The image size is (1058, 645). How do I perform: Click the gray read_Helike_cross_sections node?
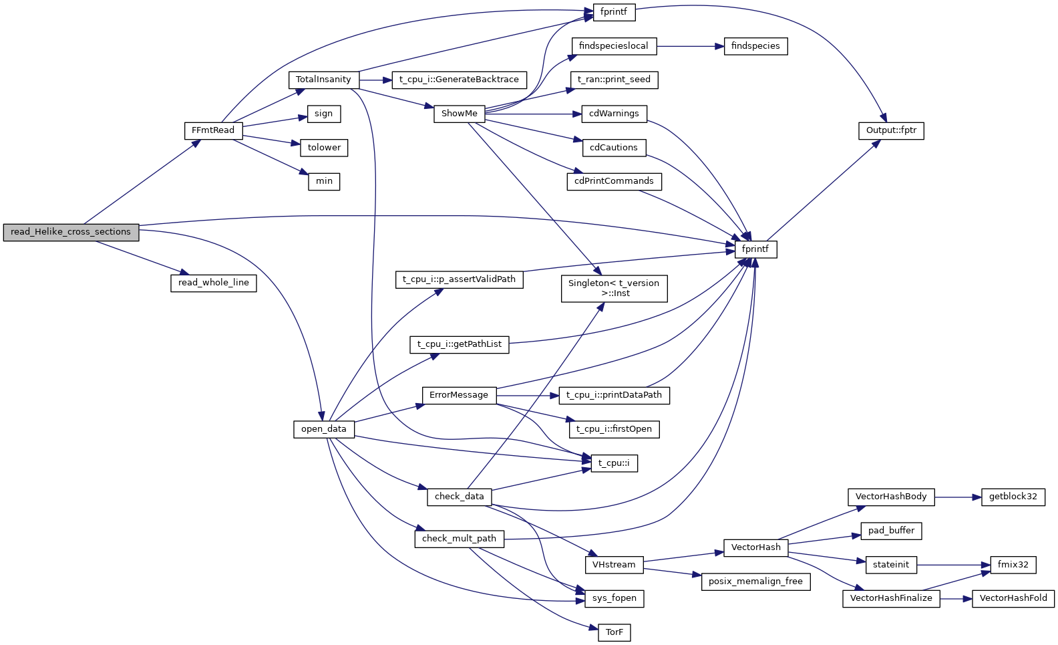click(71, 232)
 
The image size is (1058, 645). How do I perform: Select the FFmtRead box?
click(213, 130)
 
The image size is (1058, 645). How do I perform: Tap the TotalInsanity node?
click(323, 80)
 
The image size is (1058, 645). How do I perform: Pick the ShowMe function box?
click(459, 114)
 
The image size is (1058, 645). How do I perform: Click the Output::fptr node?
click(891, 130)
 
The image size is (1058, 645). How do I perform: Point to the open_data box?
click(323, 429)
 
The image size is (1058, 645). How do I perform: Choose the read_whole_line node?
click(213, 283)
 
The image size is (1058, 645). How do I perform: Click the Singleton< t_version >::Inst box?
click(614, 288)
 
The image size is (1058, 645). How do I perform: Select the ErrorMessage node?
click(459, 395)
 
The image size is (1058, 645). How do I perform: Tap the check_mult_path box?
click(459, 539)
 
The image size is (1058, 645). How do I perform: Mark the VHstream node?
click(614, 565)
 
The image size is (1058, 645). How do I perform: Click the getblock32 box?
click(1013, 497)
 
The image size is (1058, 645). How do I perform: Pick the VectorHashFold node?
click(1013, 598)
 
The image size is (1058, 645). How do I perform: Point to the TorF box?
click(614, 632)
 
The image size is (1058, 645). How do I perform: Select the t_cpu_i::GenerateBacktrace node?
click(459, 80)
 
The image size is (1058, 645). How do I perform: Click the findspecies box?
click(755, 46)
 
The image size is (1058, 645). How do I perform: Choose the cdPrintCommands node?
click(614, 181)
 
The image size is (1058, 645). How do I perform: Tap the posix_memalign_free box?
click(755, 582)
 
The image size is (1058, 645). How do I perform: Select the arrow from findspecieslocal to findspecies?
click(690, 46)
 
